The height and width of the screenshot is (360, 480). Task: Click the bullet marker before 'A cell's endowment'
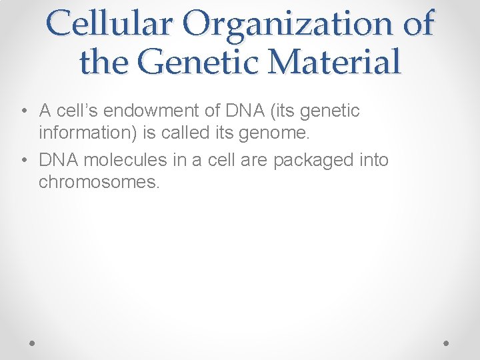(x=23, y=111)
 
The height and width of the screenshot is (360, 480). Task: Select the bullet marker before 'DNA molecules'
(x=23, y=160)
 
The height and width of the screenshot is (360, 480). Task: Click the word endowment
(x=165, y=111)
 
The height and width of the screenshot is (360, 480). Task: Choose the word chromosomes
(x=99, y=182)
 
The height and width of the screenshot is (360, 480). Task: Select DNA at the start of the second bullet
(x=58, y=160)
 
